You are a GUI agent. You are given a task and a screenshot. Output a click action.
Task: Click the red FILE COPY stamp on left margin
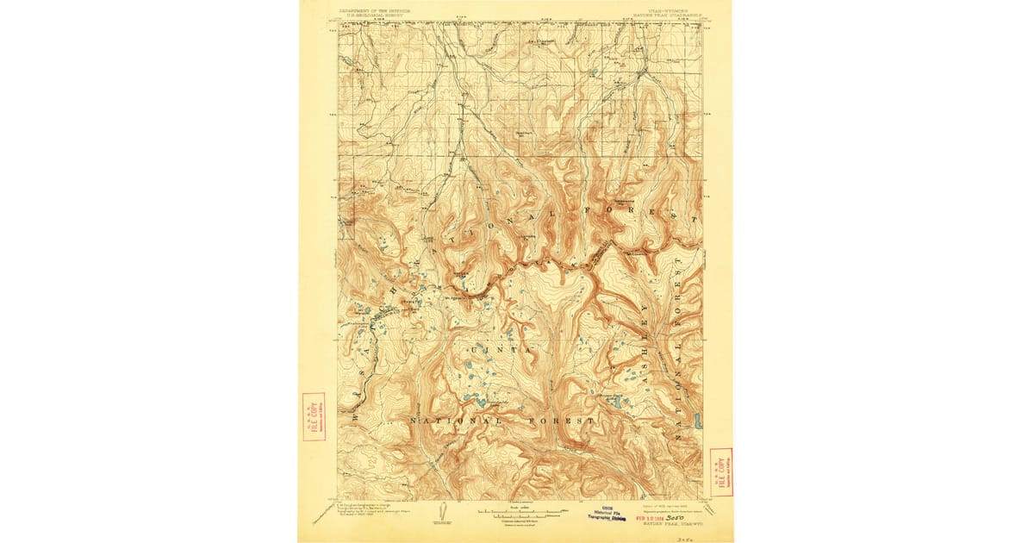[314, 416]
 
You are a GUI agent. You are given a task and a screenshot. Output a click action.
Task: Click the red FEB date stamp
[653, 519]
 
